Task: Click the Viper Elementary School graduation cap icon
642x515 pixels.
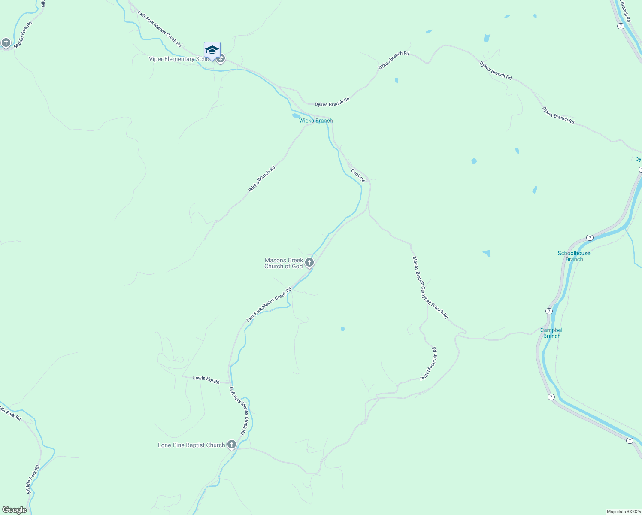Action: [212, 50]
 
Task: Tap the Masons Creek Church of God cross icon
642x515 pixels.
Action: [309, 262]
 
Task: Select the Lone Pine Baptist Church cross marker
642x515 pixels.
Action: [232, 445]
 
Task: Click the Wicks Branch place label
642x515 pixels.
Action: [316, 121]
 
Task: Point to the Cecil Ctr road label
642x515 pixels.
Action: [358, 175]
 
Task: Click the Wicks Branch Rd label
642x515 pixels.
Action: [262, 179]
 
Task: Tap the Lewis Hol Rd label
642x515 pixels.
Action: [206, 379]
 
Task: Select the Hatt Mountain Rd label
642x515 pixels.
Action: [429, 364]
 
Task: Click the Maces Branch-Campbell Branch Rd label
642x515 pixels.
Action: [430, 288]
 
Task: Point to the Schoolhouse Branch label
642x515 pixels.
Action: [574, 256]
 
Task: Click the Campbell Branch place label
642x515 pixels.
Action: [552, 333]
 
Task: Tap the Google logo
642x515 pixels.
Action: [15, 510]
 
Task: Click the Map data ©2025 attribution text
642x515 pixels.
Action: [623, 512]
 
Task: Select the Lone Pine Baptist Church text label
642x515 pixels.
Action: [191, 445]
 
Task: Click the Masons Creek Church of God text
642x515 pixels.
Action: [284, 263]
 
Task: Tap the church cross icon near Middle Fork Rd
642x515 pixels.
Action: [6, 42]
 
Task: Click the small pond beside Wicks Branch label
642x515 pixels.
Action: [296, 115]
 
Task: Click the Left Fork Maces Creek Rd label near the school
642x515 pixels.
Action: [160, 29]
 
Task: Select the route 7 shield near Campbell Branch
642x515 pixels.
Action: [549, 311]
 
